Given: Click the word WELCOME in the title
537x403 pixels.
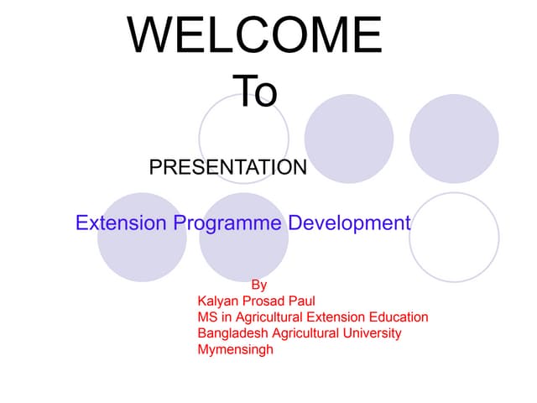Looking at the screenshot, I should coord(255,35).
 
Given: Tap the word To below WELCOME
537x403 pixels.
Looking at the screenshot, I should coord(254,92).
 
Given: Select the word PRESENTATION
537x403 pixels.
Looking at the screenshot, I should coord(227,167).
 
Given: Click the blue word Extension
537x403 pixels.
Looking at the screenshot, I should coord(122,223).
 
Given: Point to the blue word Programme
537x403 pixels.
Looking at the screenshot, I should coord(228,224).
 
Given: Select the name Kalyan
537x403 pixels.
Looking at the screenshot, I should coord(218,301).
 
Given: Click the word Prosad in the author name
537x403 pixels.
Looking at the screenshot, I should coord(265,301).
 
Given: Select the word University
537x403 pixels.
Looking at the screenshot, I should coord(370,333).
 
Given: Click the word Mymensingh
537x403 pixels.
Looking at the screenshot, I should coord(235,350).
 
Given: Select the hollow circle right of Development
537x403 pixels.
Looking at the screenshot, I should coord(454,238).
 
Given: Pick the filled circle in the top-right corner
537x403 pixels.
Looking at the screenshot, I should coord(454,139).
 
